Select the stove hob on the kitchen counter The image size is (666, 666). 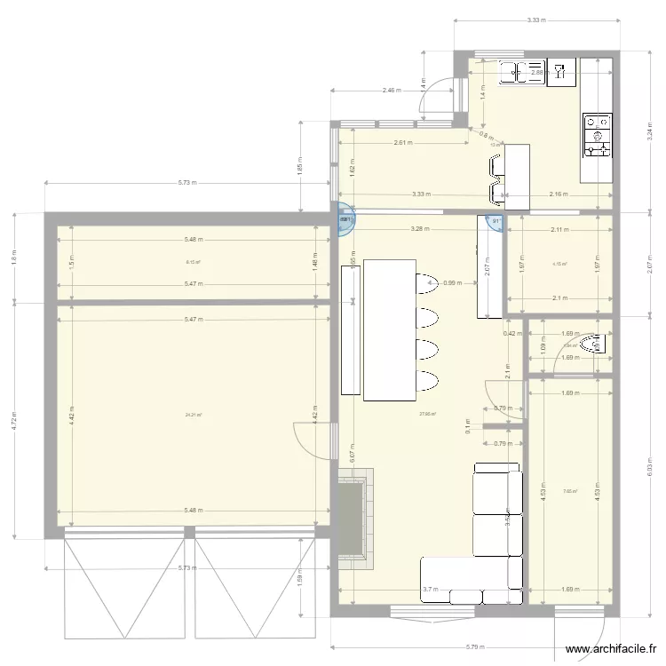pyautogui.click(x=597, y=134)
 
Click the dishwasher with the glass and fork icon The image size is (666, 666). pyautogui.click(x=561, y=72)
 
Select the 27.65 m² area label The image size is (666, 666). pyautogui.click(x=427, y=413)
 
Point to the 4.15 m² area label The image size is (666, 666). pyautogui.click(x=559, y=264)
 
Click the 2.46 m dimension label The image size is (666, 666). pyautogui.click(x=392, y=91)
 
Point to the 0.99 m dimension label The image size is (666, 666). pyautogui.click(x=453, y=283)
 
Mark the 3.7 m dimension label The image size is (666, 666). pyautogui.click(x=431, y=589)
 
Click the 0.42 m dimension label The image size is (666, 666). pyautogui.click(x=511, y=334)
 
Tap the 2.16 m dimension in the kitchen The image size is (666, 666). pyautogui.click(x=559, y=194)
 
